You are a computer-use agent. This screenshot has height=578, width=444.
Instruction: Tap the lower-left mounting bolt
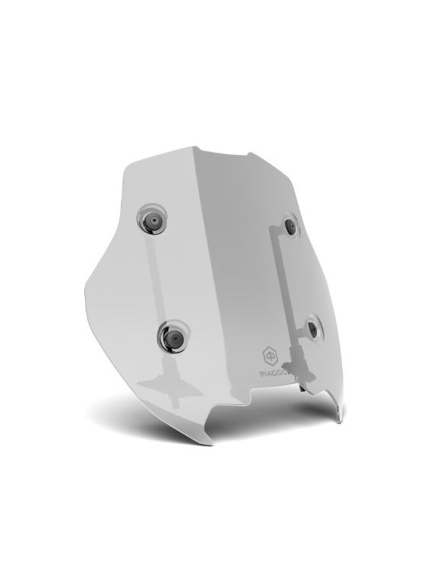(x=175, y=337)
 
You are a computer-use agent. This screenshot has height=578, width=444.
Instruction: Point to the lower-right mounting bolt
(x=312, y=328)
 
